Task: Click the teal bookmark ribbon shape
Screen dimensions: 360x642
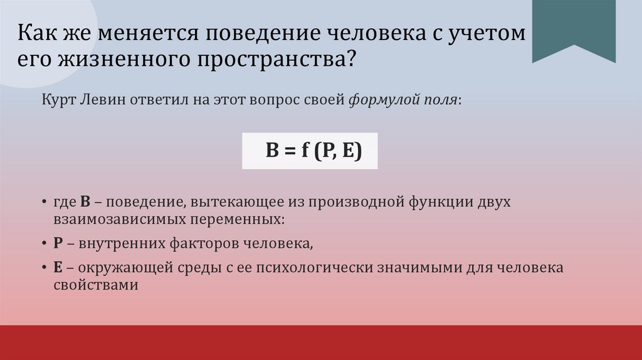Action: point(574,28)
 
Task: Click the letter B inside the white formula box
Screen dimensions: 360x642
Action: point(271,152)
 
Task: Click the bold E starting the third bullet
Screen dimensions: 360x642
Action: point(57,267)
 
